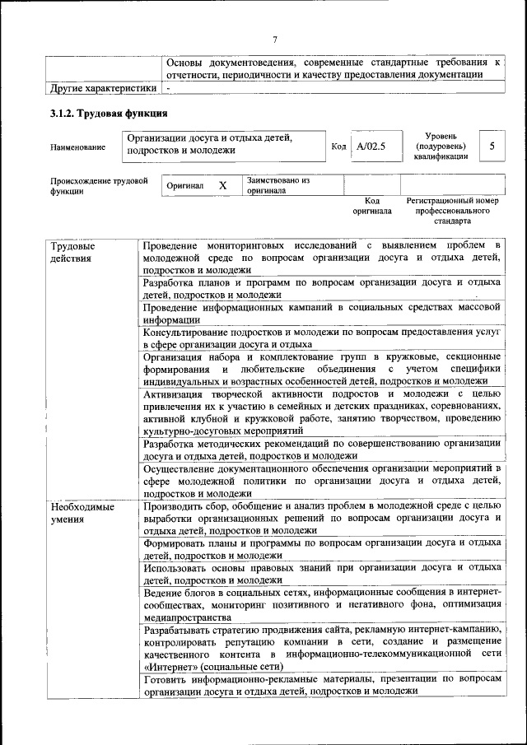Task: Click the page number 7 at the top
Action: point(275,38)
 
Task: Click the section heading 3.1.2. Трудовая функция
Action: point(109,113)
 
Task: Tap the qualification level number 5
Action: point(492,146)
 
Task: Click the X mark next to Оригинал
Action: point(222,185)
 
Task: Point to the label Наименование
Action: point(78,147)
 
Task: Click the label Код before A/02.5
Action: point(338,147)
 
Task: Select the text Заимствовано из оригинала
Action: point(277,184)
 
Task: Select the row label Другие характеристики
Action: point(102,87)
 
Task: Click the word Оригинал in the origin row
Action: point(185,186)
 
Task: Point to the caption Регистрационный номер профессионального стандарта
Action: point(452,211)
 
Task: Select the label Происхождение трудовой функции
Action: point(98,185)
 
